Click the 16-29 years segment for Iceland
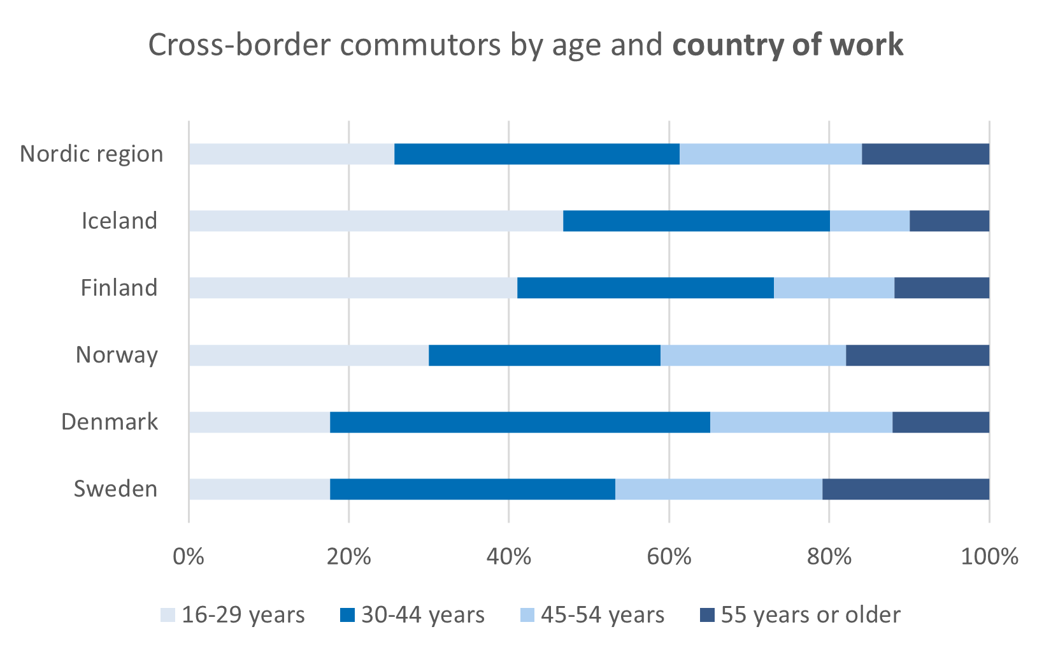(x=376, y=221)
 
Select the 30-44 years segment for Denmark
(x=520, y=422)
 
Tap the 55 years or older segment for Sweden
(x=906, y=489)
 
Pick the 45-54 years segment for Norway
(x=753, y=356)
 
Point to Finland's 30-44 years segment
(x=645, y=288)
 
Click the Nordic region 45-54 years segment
(x=771, y=154)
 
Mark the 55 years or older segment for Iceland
(x=949, y=221)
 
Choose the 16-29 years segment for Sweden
(x=259, y=489)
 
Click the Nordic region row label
(x=92, y=154)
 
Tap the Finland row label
(x=119, y=288)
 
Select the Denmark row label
(x=110, y=422)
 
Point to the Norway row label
(x=117, y=356)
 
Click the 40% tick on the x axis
(x=508, y=557)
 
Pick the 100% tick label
(x=989, y=557)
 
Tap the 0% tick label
(x=189, y=557)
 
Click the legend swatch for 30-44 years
(x=347, y=615)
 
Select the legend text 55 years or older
(x=810, y=615)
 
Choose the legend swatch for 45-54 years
(x=527, y=615)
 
